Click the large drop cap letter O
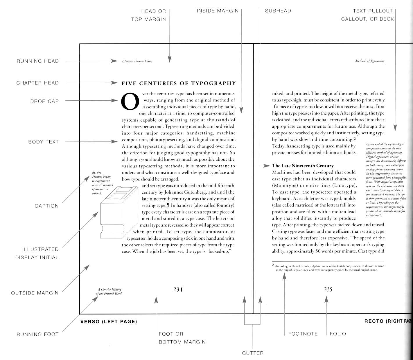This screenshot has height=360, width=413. coord(129,101)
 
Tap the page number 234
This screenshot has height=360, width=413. coord(178,289)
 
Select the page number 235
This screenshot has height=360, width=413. coord(328,289)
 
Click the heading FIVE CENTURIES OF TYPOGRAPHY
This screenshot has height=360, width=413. coord(179,84)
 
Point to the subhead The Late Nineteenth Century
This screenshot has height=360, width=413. coord(303,166)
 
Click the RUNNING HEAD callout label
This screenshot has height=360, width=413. coord(37,61)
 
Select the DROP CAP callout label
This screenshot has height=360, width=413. coord(44,101)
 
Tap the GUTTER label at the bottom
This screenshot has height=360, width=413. coord(253,353)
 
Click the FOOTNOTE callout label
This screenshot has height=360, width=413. coord(303,334)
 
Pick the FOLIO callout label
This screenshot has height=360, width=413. coord(338,334)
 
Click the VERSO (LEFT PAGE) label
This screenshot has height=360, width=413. coord(108,321)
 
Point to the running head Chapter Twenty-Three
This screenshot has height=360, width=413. coord(137,61)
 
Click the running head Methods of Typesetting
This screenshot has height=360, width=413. coord(370,61)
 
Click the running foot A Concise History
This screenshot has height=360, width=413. coord(109,291)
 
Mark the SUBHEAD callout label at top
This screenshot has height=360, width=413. coord(278,11)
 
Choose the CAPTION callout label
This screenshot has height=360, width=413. coord(46,206)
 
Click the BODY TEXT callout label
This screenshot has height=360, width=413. coord(43,142)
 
